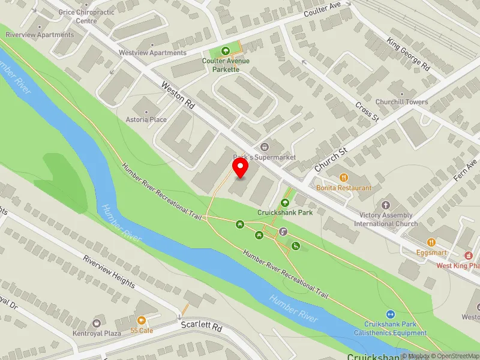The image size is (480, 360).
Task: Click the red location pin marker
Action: coord(240,168)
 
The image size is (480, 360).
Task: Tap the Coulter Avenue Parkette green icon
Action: coord(226,52)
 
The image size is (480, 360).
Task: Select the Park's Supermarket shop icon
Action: coord(265,147)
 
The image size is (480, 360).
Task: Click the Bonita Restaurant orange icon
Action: coord(344,178)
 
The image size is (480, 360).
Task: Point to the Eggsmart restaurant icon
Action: coord(431,242)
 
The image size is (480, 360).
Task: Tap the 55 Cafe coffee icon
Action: coord(142,321)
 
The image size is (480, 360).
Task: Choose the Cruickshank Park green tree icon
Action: coord(285,203)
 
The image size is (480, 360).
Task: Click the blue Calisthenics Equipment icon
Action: coord(390,314)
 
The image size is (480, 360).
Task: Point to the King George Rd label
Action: coord(409,56)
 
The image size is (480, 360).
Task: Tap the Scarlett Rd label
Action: coord(202,329)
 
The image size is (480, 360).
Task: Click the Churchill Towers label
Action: coord(402,102)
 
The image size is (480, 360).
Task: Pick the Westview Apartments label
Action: coord(152,53)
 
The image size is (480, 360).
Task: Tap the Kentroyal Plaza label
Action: coord(97,333)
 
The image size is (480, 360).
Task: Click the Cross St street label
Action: coord(367,110)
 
